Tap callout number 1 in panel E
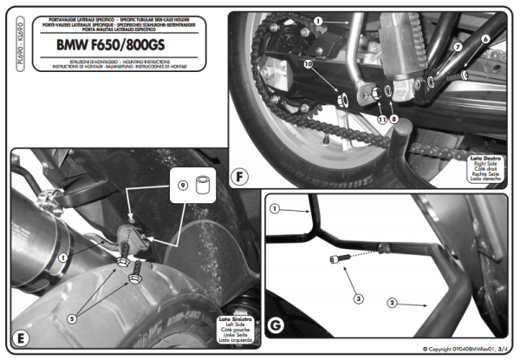coord(62,258)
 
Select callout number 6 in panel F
coord(485,39)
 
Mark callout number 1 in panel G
coord(275,208)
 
